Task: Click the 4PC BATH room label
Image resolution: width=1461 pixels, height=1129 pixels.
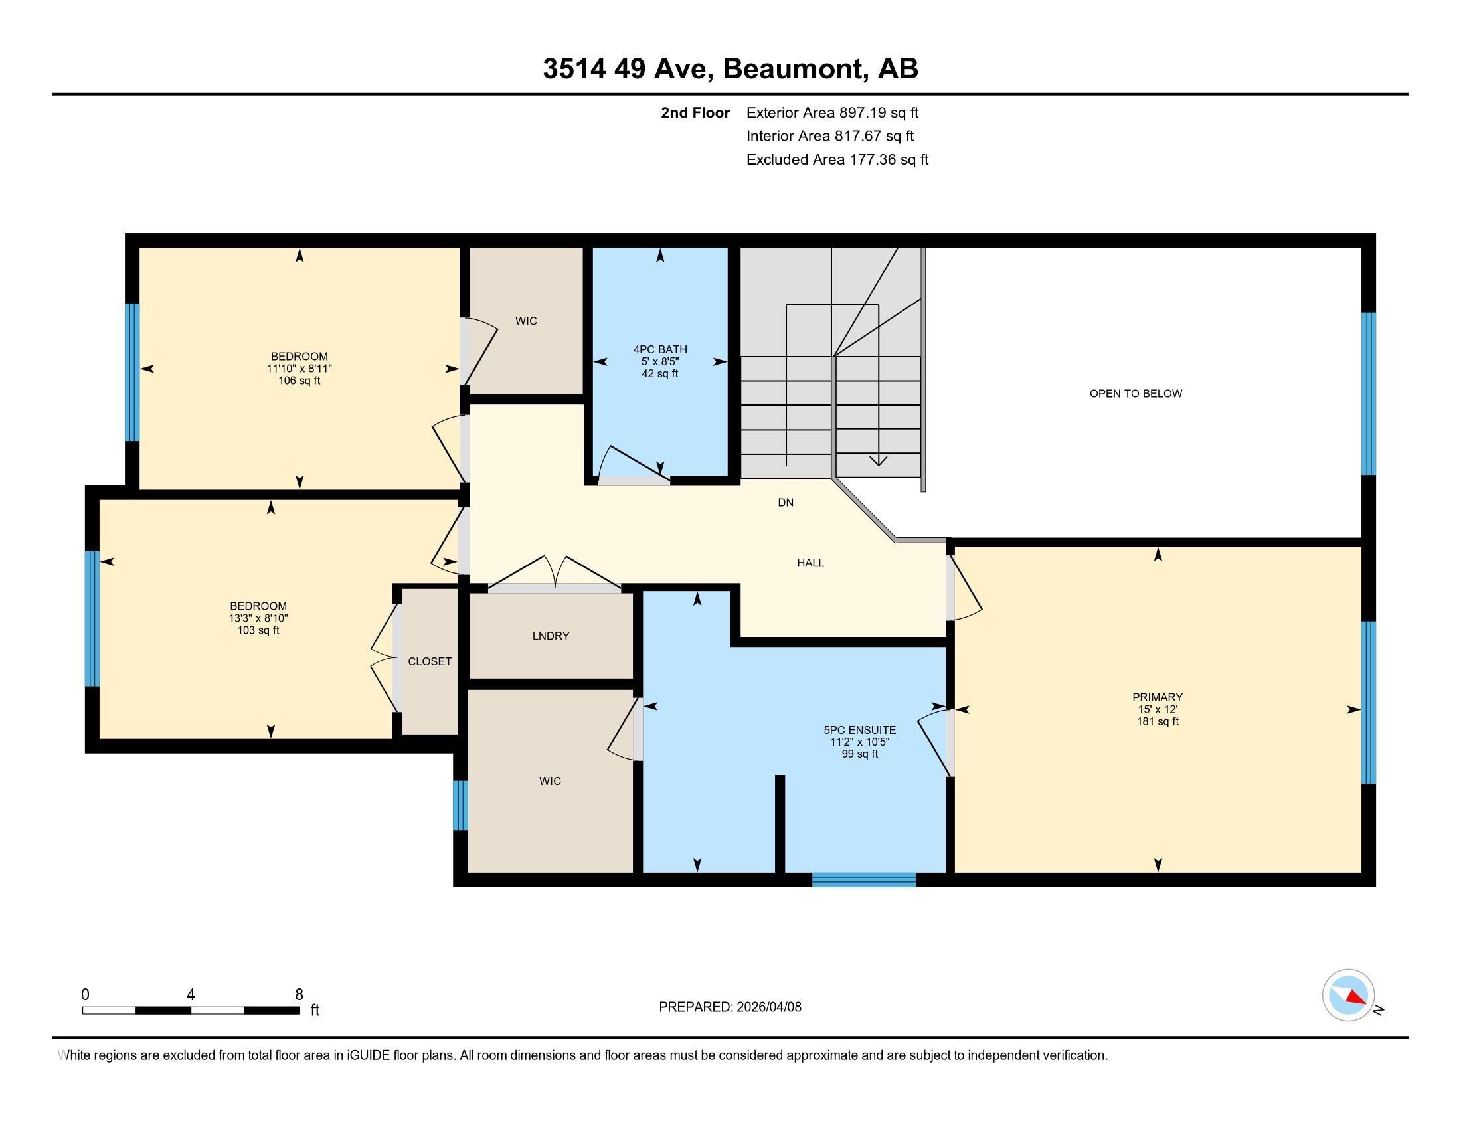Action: (659, 349)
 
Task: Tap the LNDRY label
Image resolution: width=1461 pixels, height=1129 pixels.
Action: (551, 636)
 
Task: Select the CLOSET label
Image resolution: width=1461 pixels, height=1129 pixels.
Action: (430, 661)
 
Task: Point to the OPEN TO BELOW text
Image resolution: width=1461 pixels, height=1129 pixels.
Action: (1135, 394)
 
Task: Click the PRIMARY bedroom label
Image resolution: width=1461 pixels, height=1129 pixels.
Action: (1158, 697)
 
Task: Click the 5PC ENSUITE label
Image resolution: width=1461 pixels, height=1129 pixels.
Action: (859, 731)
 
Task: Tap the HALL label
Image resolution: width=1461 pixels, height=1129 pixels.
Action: (810, 563)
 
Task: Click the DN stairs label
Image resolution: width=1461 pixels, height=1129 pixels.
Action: (786, 502)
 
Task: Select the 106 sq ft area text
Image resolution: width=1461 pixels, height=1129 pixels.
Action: (299, 381)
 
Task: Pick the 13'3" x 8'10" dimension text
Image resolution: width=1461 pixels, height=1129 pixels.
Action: (258, 619)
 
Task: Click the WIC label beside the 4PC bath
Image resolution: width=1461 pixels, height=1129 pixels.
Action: (526, 321)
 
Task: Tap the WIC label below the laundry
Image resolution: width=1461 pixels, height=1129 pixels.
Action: (550, 781)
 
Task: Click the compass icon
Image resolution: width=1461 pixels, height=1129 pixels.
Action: (1348, 996)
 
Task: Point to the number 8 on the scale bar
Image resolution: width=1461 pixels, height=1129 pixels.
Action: (299, 995)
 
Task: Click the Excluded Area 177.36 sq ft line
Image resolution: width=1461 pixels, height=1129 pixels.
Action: (837, 160)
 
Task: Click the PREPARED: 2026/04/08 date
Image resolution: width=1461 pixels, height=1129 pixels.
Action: (730, 1007)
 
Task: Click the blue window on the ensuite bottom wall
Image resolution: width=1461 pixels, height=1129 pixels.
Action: (863, 879)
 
